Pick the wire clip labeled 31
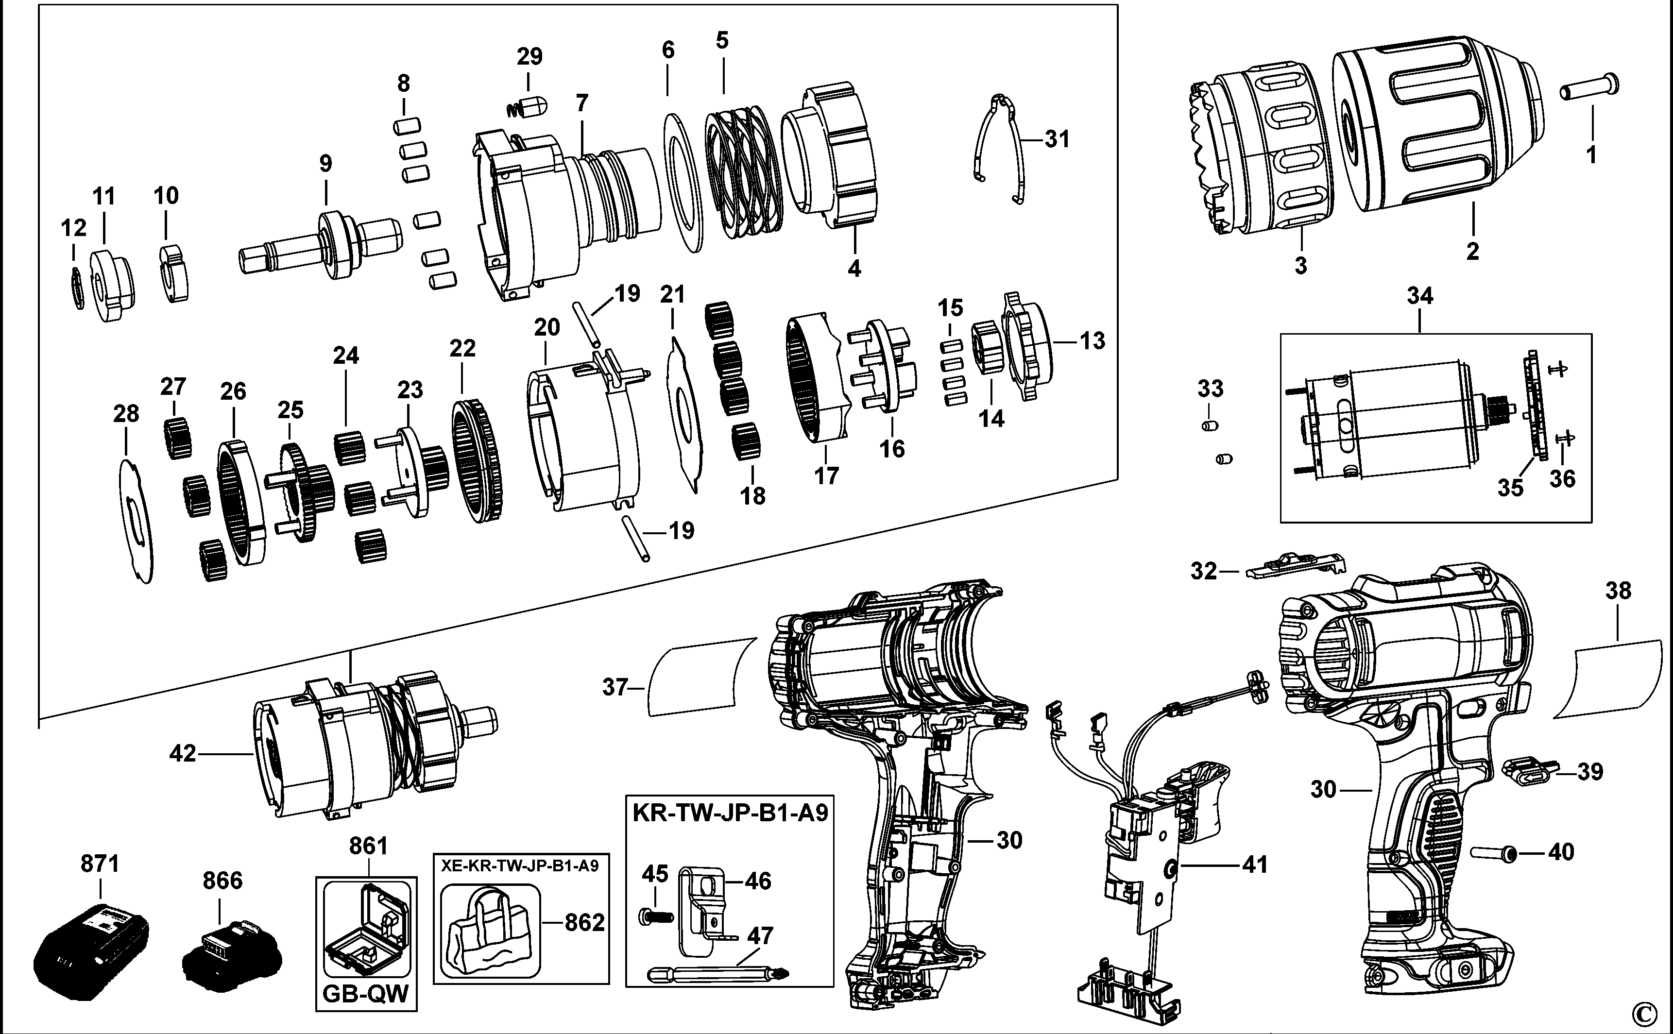pyautogui.click(x=1000, y=147)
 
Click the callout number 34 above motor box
pyautogui.click(x=1420, y=297)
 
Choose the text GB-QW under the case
pyautogui.click(x=366, y=993)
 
